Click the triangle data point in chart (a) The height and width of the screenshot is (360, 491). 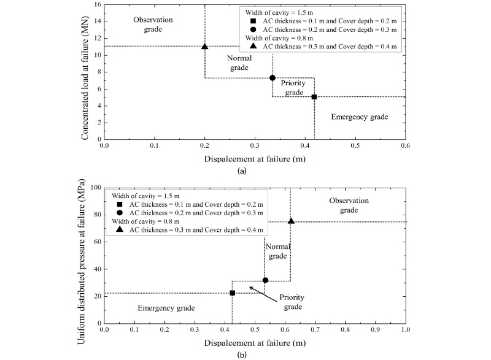pos(205,47)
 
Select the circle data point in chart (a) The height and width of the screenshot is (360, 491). pos(273,78)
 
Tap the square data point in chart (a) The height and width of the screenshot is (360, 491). pos(314,97)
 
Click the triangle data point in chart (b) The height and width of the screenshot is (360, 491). pos(291,221)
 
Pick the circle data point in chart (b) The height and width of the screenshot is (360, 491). pos(265,280)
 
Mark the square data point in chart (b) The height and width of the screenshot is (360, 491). pos(232,293)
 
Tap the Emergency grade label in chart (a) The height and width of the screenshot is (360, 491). pos(360,116)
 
